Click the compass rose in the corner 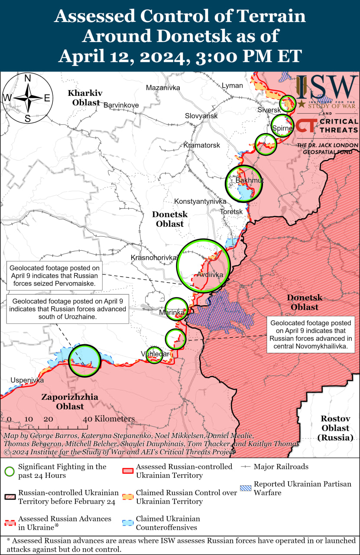click(x=27, y=98)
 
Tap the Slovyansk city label click(x=201, y=116)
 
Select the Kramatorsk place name click(x=201, y=145)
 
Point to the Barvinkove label click(x=121, y=105)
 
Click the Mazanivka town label click(x=162, y=88)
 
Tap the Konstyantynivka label click(x=200, y=202)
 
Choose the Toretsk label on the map click(x=231, y=212)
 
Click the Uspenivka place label click(x=27, y=380)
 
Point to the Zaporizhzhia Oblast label click(x=70, y=402)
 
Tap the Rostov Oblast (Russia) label click(x=335, y=428)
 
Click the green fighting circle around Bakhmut click(x=244, y=183)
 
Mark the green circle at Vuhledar click(x=154, y=355)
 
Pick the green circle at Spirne click(x=282, y=126)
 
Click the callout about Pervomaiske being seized click(x=54, y=276)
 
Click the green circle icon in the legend click(x=10, y=471)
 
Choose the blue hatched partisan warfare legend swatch click(x=245, y=488)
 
